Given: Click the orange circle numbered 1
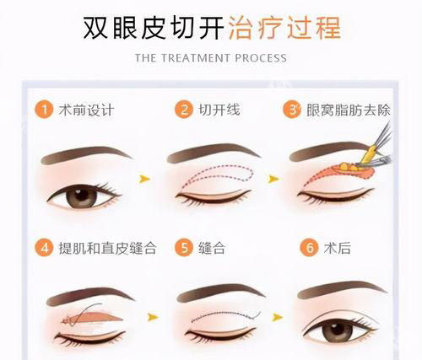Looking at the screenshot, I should coord(42,110).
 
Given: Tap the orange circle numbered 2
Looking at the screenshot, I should coord(183,110).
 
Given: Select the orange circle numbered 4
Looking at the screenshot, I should coord(42,250).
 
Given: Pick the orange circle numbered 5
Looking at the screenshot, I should coord(183,250).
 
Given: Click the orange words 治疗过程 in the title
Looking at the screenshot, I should coord(284,27).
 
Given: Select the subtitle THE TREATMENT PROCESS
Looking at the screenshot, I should coord(211,58).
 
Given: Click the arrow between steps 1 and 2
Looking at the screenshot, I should coord(145,179).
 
